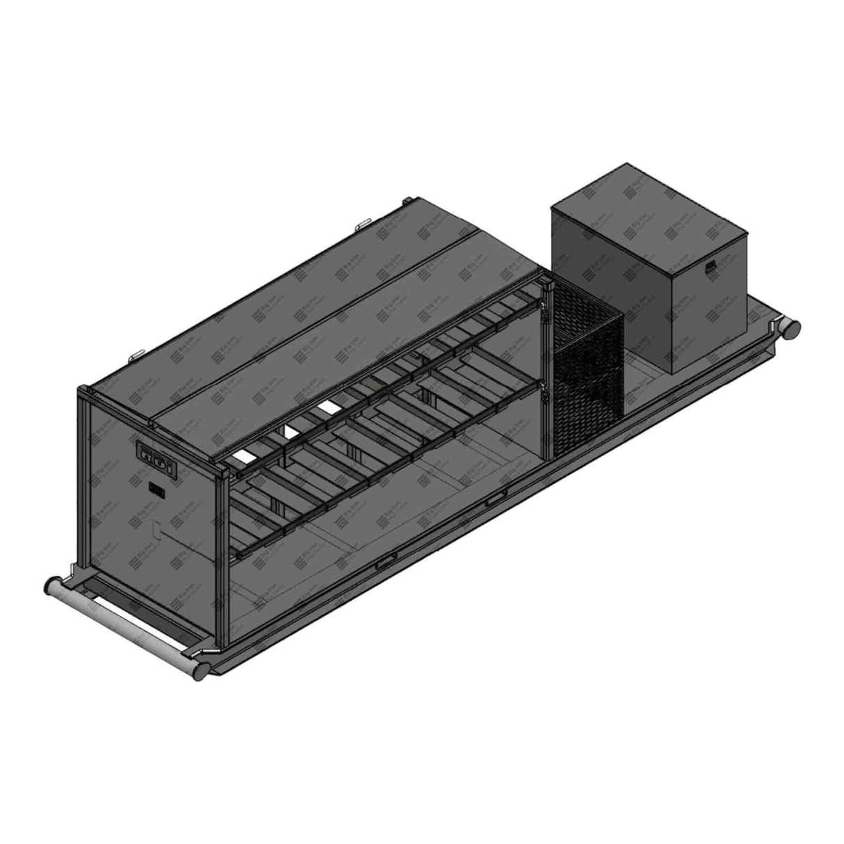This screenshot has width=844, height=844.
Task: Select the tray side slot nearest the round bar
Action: [387, 562]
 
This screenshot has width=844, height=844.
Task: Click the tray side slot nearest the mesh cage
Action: [495, 499]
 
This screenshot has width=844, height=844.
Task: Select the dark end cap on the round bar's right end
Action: [200, 669]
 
